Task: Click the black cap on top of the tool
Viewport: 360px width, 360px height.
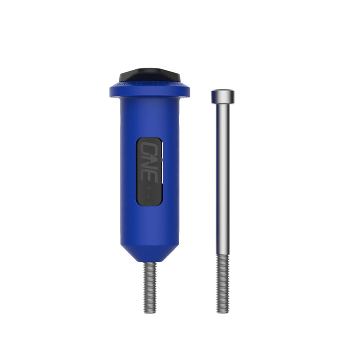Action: coord(149,75)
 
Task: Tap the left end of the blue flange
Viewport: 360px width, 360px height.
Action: coord(111,91)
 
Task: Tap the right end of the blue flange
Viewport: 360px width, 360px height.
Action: coord(188,91)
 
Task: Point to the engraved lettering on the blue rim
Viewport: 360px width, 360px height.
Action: coord(135,84)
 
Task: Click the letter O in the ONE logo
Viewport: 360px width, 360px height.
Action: coord(147,148)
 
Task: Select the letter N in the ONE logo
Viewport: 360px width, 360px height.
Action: coord(147,162)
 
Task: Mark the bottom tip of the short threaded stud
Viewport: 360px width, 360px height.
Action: coord(150,312)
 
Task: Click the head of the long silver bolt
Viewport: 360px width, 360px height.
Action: coord(222,96)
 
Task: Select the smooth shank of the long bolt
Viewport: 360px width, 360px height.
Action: coord(222,180)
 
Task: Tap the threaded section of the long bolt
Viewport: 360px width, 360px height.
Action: coord(222,283)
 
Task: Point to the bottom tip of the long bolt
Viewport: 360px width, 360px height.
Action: coord(222,312)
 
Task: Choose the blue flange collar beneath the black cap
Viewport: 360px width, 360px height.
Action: coord(149,91)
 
